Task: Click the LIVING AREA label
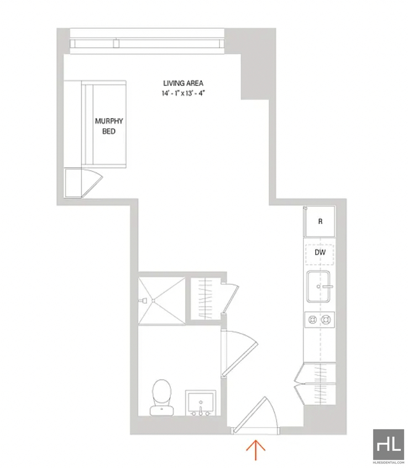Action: tap(183, 84)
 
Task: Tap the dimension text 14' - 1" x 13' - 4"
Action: tap(183, 93)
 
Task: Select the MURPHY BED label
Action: tap(109, 126)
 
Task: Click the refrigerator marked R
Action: tap(320, 221)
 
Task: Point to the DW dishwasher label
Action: tap(320, 252)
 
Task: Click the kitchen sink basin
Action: tap(319, 287)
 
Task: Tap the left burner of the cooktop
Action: tap(312, 320)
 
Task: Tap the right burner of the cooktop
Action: tap(326, 320)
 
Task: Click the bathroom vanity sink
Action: tap(201, 403)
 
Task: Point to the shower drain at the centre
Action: tap(154, 300)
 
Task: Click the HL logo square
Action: tap(389, 444)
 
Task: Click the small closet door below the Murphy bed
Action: tap(92, 183)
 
